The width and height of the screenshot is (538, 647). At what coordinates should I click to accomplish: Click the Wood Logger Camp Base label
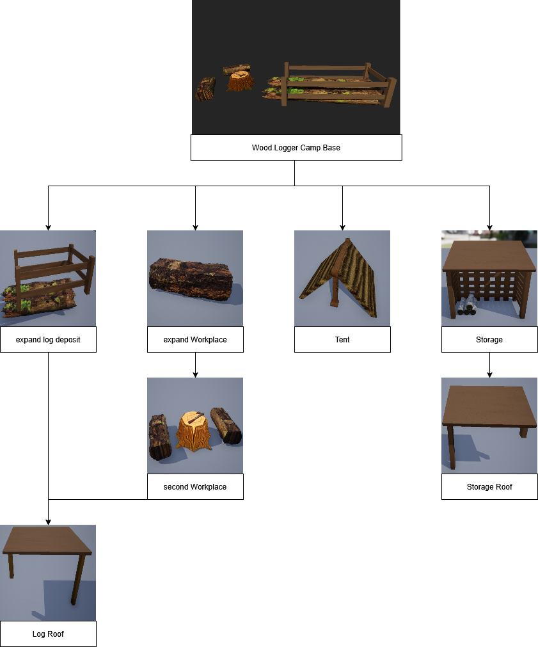[x=296, y=147]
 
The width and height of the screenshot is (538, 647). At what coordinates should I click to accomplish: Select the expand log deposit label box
[x=48, y=339]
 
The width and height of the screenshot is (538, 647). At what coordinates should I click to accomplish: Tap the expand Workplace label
[x=195, y=339]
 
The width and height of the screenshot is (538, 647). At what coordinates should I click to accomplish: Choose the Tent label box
[x=342, y=339]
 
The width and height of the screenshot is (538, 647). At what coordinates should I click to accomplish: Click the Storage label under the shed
[x=489, y=339]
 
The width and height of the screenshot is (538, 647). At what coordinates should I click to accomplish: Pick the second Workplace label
[x=195, y=486]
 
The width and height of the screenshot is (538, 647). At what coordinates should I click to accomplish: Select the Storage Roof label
[x=489, y=486]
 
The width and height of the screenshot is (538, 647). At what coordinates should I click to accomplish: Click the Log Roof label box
[x=48, y=634]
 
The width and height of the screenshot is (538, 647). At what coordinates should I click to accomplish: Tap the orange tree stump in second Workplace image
[x=193, y=429]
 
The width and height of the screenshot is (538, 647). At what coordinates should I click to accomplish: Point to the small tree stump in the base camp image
[x=241, y=81]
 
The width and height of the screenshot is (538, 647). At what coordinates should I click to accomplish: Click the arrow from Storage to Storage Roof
[x=489, y=364]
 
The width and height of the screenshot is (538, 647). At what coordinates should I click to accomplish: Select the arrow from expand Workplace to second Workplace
[x=195, y=364]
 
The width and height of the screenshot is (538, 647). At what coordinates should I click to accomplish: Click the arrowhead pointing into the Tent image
[x=342, y=227]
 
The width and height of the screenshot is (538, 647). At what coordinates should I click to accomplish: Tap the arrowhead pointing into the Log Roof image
[x=48, y=521]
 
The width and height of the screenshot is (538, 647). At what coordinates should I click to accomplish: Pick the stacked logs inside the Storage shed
[x=466, y=306]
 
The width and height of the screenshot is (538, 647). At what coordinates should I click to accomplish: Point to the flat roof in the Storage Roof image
[x=489, y=406]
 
